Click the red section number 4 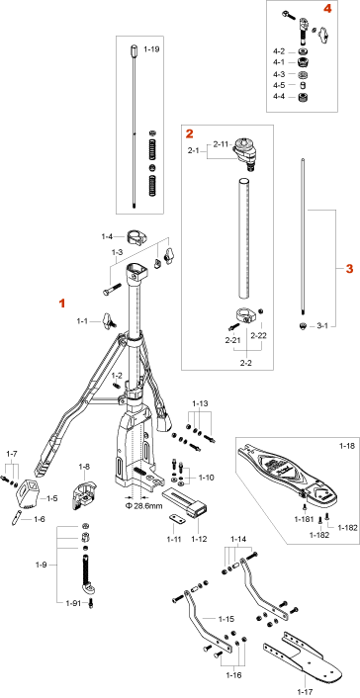pyautogui.click(x=328, y=10)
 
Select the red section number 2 pyautogui.click(x=190, y=132)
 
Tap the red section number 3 pyautogui.click(x=350, y=269)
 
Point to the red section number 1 pyautogui.click(x=62, y=304)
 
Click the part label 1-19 pyautogui.click(x=151, y=49)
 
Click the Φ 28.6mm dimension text pyautogui.click(x=144, y=505)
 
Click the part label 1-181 pyautogui.click(x=305, y=519)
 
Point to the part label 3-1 pyautogui.click(x=322, y=326)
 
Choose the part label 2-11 pyautogui.click(x=221, y=144)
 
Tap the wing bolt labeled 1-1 pyautogui.click(x=109, y=320)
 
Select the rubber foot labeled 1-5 pyautogui.click(x=27, y=492)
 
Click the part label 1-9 pyautogui.click(x=41, y=566)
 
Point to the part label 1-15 pyautogui.click(x=225, y=619)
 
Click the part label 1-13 pyautogui.click(x=200, y=403)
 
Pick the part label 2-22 pyautogui.click(x=259, y=335)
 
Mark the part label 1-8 pyautogui.click(x=84, y=467)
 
